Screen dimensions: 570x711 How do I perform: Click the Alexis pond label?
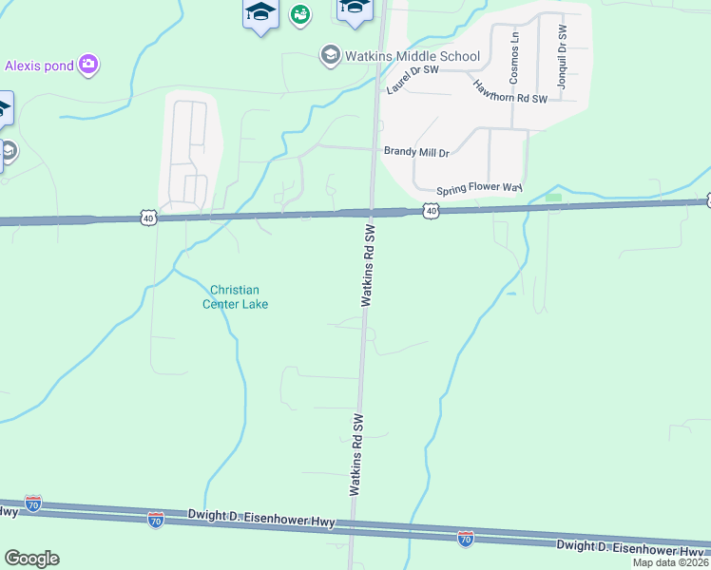pos(39,66)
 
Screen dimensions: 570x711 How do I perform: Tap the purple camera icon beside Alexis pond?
pos(89,65)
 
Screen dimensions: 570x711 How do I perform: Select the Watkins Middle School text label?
pos(412,56)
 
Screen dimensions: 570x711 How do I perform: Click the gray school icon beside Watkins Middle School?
pos(330,55)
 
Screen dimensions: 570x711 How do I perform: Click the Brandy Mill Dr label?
pos(416,151)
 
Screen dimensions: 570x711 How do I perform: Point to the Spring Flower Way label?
pos(479,189)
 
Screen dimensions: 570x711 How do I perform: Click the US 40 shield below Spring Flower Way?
pos(432,210)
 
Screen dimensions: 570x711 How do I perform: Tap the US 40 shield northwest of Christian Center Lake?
pos(147,218)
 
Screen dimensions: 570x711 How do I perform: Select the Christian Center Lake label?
pos(235,297)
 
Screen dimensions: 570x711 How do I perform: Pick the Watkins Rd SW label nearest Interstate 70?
pos(356,455)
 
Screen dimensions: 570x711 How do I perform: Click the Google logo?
pos(31,559)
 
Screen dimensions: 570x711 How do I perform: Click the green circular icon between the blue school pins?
pos(301,13)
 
